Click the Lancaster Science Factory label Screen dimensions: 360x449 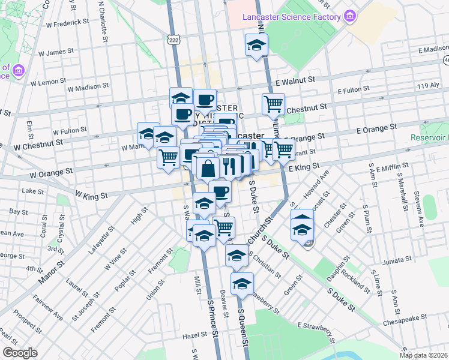pos(292,17)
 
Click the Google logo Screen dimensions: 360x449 pos(20,353)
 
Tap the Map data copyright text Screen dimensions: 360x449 pos(423,355)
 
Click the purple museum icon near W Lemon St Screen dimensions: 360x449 pos(18,72)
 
